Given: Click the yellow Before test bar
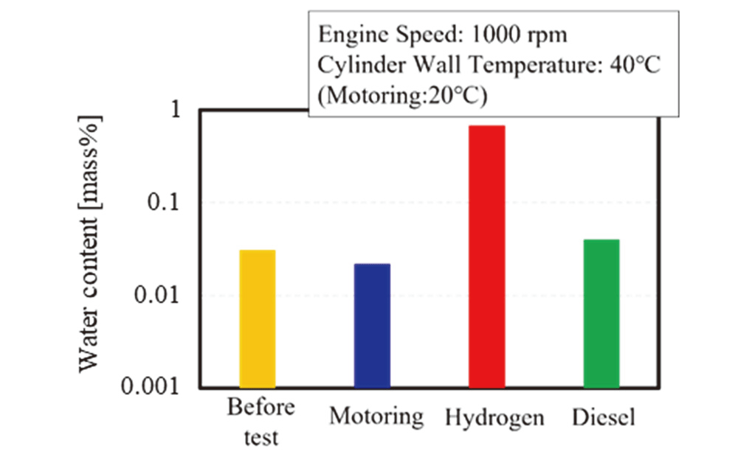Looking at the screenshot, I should click(258, 318).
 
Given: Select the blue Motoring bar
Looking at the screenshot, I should click(372, 325).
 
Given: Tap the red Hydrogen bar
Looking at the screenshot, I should click(487, 256).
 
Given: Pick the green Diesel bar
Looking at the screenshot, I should click(601, 313).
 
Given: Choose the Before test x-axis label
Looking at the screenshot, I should click(261, 422).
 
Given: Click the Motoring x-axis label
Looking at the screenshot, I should click(376, 416).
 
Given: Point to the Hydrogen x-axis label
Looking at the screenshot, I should click(494, 418).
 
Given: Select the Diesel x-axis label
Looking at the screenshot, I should click(604, 417).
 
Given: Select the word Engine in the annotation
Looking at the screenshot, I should click(344, 34).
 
